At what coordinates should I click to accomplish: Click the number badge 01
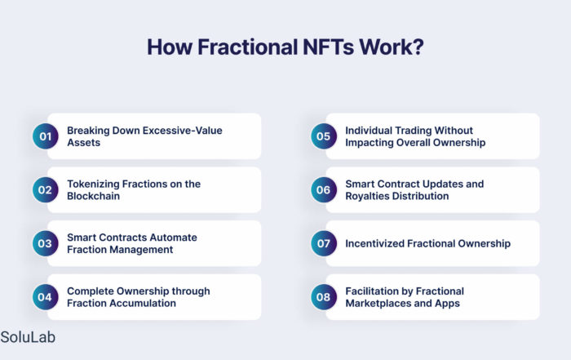pyautogui.click(x=45, y=136)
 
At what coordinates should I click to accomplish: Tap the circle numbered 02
pyautogui.click(x=45, y=190)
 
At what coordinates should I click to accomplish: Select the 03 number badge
pyautogui.click(x=45, y=243)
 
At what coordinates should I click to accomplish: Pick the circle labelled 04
pyautogui.click(x=45, y=297)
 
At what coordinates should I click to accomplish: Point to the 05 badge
pyautogui.click(x=324, y=136)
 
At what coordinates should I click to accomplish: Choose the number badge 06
pyautogui.click(x=324, y=190)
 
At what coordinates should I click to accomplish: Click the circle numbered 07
pyautogui.click(x=324, y=243)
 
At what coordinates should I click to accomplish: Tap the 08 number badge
pyautogui.click(x=324, y=297)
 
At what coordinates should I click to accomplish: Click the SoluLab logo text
pyautogui.click(x=28, y=337)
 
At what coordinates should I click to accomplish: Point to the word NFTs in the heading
pyautogui.click(x=328, y=47)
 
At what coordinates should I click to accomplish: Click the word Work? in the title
pyautogui.click(x=391, y=47)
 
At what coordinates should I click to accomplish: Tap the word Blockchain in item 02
pyautogui.click(x=93, y=196)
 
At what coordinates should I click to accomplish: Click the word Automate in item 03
pyautogui.click(x=173, y=238)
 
